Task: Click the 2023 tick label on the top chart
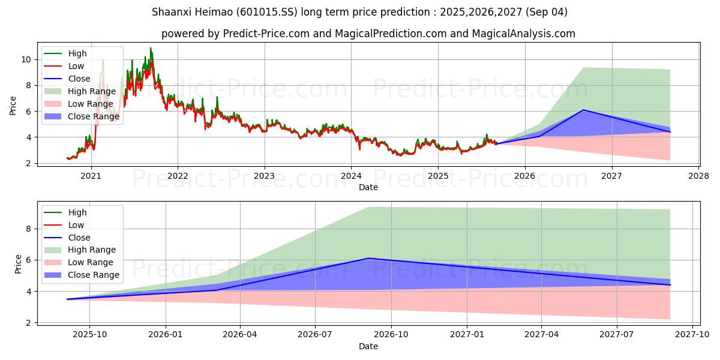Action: coord(264,176)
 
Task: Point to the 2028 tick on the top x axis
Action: coord(698,176)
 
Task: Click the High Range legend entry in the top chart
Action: coord(91,91)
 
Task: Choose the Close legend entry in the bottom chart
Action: coord(79,238)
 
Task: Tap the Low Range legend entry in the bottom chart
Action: coord(90,263)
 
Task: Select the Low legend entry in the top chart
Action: coord(76,66)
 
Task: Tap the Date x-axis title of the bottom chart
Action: coord(368,346)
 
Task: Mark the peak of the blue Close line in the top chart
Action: coord(583,110)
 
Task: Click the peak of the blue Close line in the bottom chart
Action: coord(368,258)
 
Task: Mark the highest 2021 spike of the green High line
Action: coord(151,47)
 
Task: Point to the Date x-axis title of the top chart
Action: coord(368,187)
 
